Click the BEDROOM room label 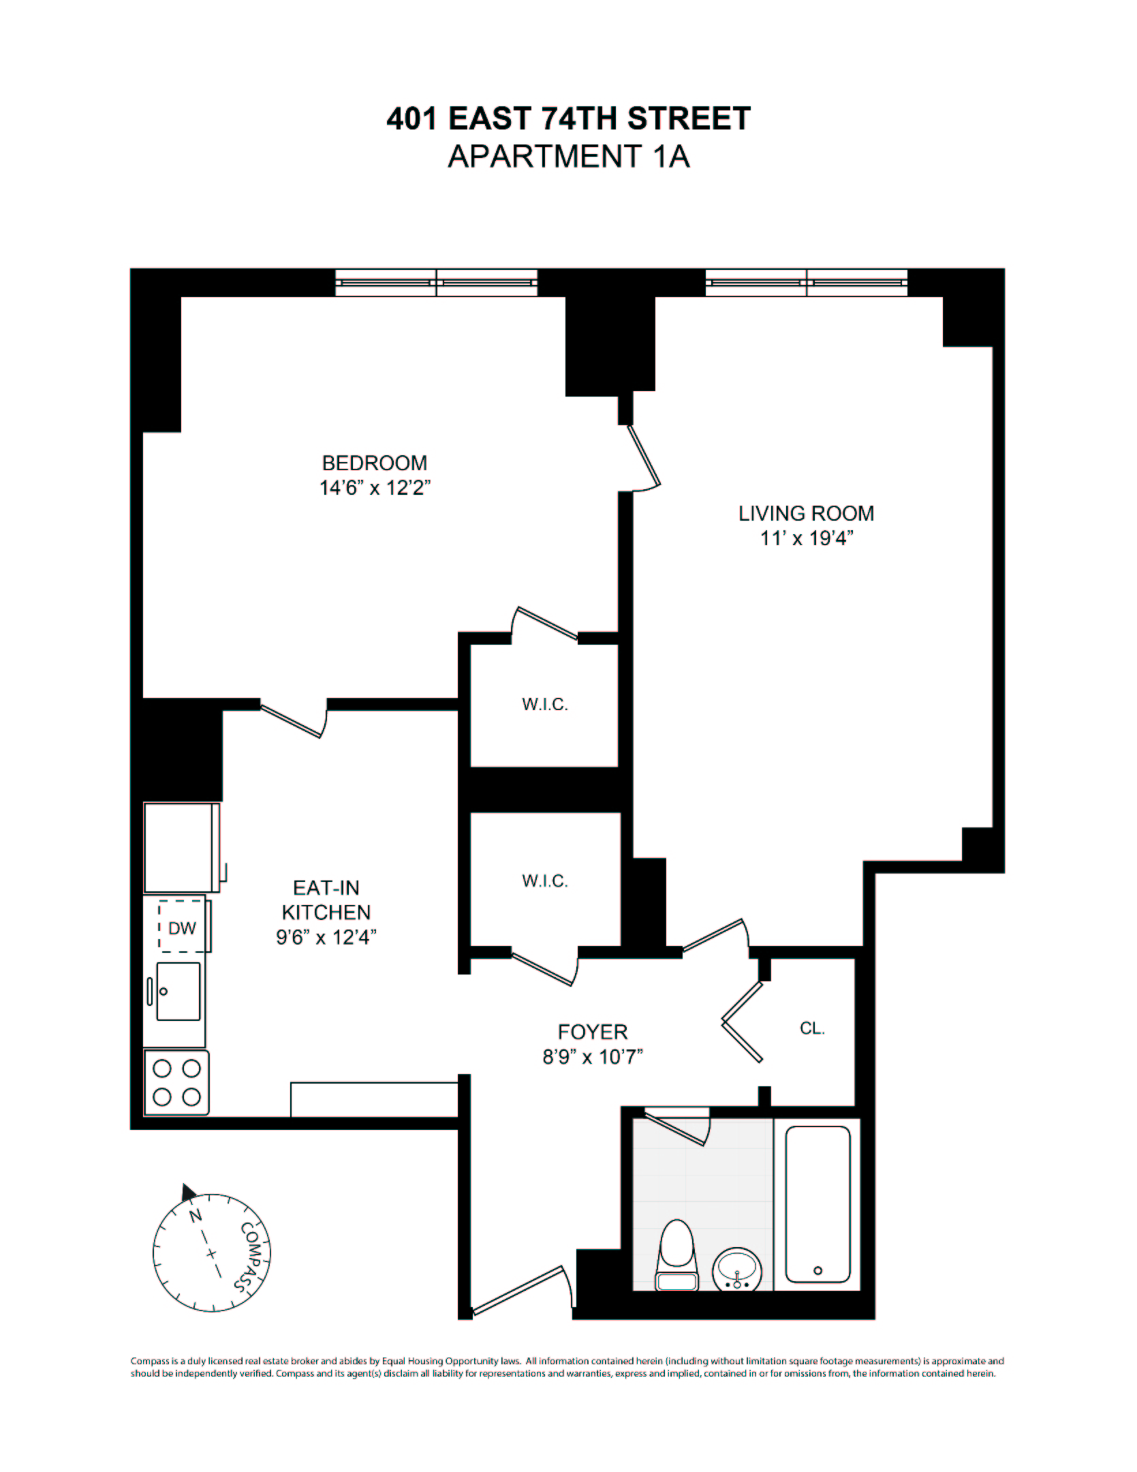click(x=374, y=463)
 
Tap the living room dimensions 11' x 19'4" click(x=807, y=538)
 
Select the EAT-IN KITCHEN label click(x=326, y=900)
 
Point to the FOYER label click(x=593, y=1032)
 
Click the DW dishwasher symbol click(x=181, y=927)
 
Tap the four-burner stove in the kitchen click(x=176, y=1082)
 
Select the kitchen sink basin click(x=178, y=992)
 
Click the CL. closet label click(x=812, y=1028)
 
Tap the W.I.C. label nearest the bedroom click(x=545, y=705)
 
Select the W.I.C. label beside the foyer click(x=545, y=881)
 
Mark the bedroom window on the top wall click(x=436, y=283)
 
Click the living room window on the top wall click(x=807, y=283)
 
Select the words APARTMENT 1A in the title click(x=568, y=157)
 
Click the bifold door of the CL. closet click(x=743, y=1022)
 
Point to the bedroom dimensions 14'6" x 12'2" click(x=375, y=489)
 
